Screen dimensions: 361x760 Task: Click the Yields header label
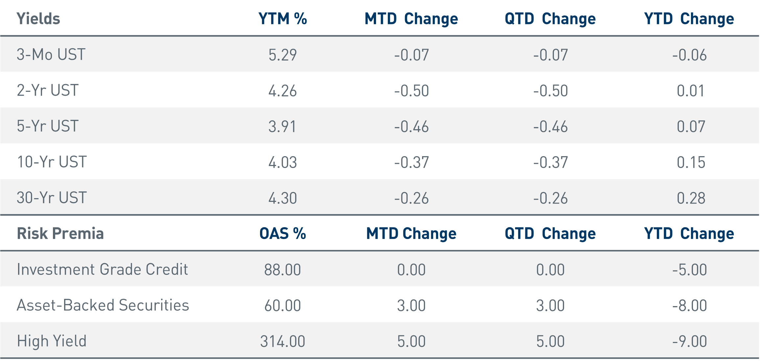[x=38, y=19]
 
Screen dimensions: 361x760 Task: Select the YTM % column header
[x=282, y=19]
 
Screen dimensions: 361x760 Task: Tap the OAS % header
[x=282, y=234]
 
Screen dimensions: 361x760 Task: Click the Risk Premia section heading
[x=60, y=234]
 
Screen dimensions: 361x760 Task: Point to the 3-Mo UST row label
[x=51, y=55]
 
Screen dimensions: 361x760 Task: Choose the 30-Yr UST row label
[x=52, y=198]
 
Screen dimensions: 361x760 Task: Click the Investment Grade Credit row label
[x=102, y=270]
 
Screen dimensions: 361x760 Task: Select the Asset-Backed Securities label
[x=103, y=305]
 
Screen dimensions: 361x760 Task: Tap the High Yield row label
[x=52, y=341]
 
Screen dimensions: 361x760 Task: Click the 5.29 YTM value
[x=282, y=55]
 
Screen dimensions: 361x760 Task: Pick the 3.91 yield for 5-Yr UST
[x=282, y=127]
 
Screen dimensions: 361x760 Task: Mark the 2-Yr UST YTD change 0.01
[x=691, y=91]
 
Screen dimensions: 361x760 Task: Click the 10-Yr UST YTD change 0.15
[x=691, y=162]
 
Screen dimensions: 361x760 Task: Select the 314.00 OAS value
[x=282, y=341]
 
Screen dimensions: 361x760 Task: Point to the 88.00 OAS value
[x=282, y=270]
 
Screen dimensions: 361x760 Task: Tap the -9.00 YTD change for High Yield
[x=689, y=341]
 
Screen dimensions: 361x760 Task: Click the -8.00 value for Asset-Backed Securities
[x=689, y=305]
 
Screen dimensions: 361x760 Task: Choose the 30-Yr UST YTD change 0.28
[x=691, y=198]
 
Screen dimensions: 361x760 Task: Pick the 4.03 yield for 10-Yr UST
[x=282, y=162]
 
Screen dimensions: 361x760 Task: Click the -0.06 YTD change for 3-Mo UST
[x=689, y=55]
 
